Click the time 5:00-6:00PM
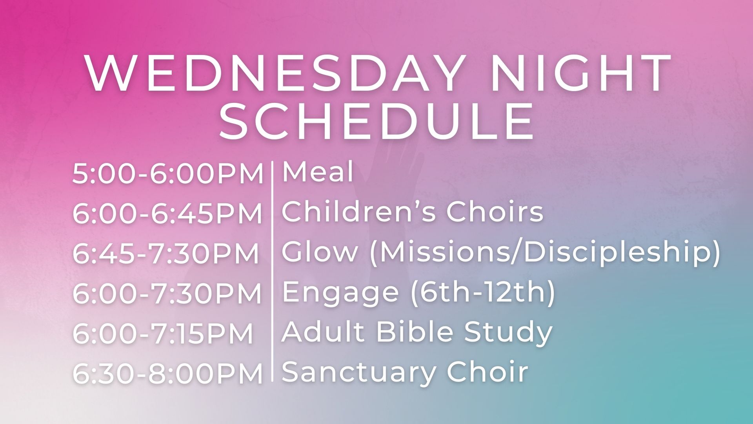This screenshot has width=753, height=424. tap(168, 174)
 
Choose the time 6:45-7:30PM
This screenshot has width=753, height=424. tap(166, 254)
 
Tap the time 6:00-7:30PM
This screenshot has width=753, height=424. tap(167, 294)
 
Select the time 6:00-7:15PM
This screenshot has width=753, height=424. tap(163, 334)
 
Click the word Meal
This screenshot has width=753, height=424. tap(318, 172)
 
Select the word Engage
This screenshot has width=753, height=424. tap(340, 293)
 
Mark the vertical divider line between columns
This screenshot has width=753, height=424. tap(273, 271)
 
